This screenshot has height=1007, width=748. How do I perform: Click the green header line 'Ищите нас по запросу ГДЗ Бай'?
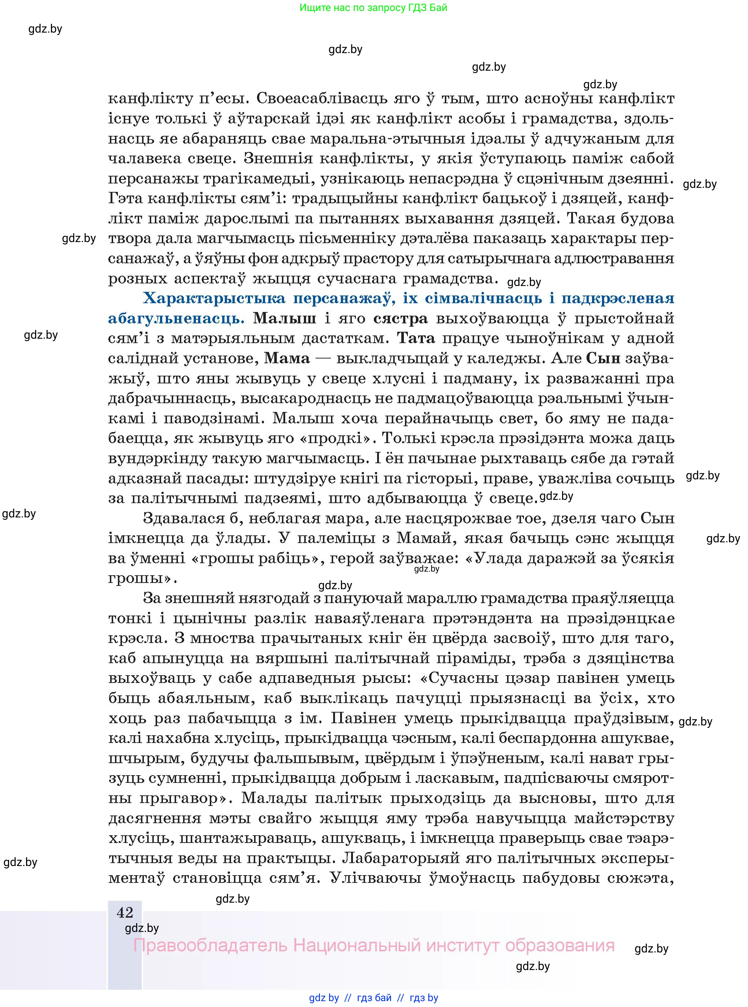click(x=373, y=8)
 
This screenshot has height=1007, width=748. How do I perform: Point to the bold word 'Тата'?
click(x=416, y=338)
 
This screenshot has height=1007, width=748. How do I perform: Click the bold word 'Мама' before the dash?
click(x=287, y=358)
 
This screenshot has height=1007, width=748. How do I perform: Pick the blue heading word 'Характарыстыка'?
click(x=214, y=298)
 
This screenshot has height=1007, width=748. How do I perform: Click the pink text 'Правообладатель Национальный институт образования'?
click(x=373, y=945)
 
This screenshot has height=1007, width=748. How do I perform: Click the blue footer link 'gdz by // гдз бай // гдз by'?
click(x=373, y=998)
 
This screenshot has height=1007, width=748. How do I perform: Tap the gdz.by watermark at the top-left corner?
click(x=45, y=29)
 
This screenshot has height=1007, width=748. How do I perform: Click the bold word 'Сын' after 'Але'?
click(x=603, y=358)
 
